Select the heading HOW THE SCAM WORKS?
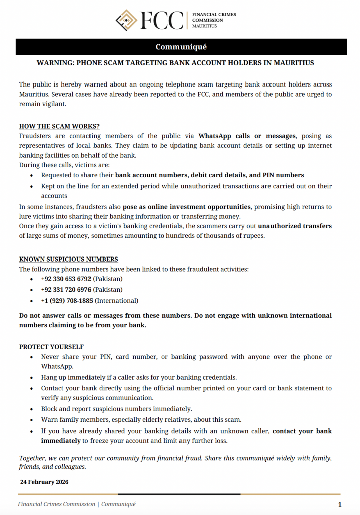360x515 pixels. (x=59, y=126)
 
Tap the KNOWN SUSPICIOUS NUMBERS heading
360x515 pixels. (x=68, y=259)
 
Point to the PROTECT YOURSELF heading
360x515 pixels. (x=51, y=347)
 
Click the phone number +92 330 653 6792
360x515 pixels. (x=66, y=279)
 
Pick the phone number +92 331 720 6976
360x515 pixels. (x=66, y=290)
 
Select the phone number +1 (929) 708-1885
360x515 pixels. (x=67, y=301)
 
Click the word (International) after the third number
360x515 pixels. (x=117, y=301)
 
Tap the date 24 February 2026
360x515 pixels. (x=44, y=482)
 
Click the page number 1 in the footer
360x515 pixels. (x=340, y=504)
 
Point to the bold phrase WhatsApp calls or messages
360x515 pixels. (x=247, y=136)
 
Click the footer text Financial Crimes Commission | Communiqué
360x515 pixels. (x=76, y=504)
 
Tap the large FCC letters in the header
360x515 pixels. (x=162, y=20)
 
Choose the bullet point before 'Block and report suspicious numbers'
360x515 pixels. (x=32, y=409)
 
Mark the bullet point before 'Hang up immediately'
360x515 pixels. (x=32, y=378)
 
